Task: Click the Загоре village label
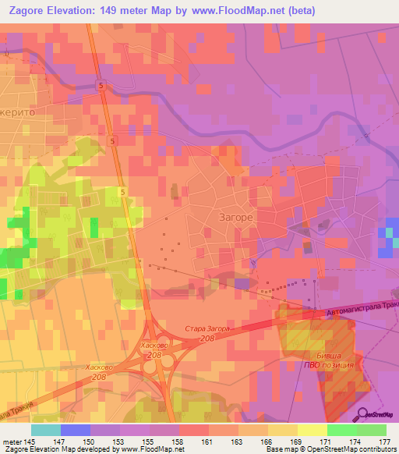[x=233, y=219]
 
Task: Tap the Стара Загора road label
[x=207, y=330]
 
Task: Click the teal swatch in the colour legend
[x=46, y=430]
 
